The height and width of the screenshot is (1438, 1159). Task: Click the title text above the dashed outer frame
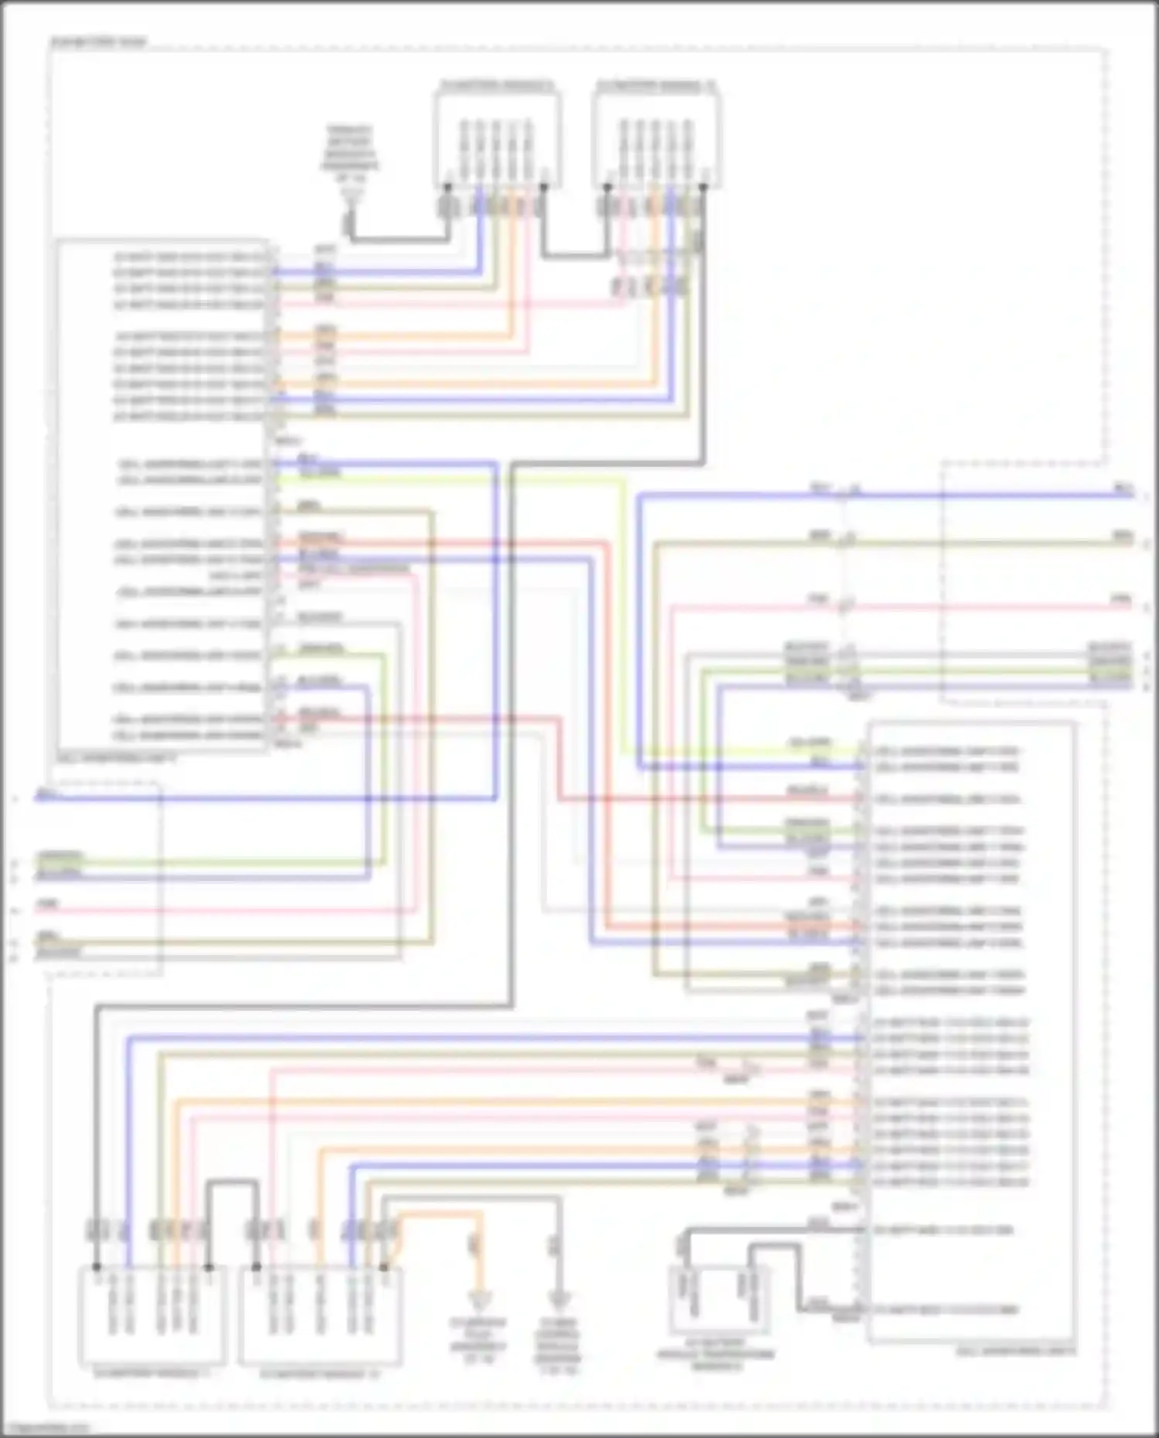pos(98,42)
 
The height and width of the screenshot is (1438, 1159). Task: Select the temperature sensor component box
pos(719,1300)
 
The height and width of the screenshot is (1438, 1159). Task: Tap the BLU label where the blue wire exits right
pos(1122,488)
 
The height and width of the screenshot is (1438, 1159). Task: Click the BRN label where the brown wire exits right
pos(1122,535)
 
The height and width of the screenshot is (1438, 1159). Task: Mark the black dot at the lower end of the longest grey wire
pos(97,1267)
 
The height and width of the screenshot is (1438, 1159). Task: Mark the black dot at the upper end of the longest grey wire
pos(702,186)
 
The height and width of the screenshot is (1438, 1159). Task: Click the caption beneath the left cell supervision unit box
pos(116,760)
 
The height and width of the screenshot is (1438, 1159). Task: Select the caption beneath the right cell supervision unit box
pos(1016,1351)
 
